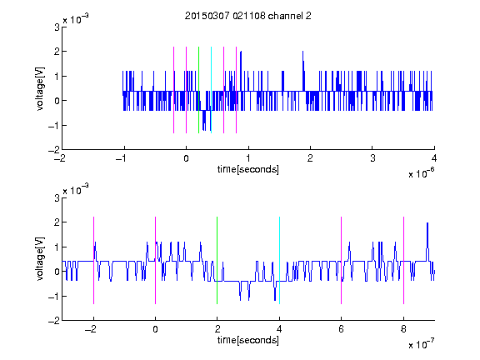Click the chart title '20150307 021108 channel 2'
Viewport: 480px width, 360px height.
248,16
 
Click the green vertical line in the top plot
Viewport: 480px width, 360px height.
198,90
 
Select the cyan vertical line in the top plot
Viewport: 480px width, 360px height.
211,90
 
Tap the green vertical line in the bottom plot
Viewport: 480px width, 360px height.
217,260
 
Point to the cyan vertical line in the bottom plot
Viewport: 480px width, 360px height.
279,260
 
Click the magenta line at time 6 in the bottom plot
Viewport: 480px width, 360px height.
342,260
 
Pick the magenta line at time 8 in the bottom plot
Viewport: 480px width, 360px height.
404,260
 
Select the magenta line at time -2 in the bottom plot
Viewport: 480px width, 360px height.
93,260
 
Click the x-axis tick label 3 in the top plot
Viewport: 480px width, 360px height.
372,158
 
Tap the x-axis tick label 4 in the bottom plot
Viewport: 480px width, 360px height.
279,329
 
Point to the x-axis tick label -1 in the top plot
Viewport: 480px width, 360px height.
121,158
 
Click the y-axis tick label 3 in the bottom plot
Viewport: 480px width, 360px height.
57,198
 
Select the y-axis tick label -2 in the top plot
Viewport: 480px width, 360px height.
54,150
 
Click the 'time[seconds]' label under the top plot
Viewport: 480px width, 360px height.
248,169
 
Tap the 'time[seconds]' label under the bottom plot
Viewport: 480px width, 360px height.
248,340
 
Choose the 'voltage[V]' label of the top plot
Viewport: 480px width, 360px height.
40,89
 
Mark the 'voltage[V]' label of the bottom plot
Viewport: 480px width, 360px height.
40,259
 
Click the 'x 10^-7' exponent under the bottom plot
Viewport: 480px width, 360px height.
421,344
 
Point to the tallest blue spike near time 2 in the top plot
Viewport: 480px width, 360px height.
303,71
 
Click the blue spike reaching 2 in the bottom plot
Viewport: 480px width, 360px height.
427,242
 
